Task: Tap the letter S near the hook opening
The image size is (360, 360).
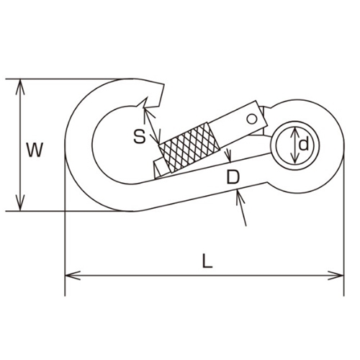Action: click(x=140, y=135)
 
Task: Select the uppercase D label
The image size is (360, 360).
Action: click(x=232, y=177)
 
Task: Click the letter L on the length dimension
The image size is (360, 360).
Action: click(x=207, y=262)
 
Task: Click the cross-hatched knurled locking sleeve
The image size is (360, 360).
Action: click(x=189, y=145)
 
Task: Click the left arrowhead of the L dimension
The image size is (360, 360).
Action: click(x=71, y=275)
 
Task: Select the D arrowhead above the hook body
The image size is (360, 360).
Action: click(x=229, y=159)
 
